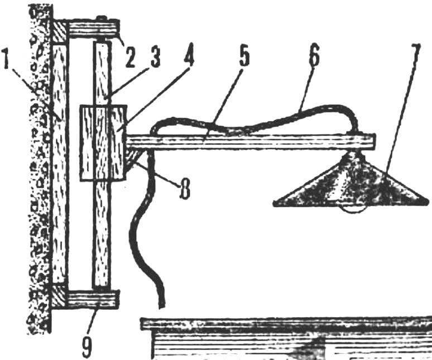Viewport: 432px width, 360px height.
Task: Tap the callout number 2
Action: click(x=129, y=58)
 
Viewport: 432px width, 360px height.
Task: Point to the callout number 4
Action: click(x=188, y=57)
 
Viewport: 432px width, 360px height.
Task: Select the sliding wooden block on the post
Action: click(x=103, y=143)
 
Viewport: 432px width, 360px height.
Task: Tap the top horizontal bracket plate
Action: click(x=94, y=30)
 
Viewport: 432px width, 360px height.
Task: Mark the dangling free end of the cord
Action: click(x=162, y=306)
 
